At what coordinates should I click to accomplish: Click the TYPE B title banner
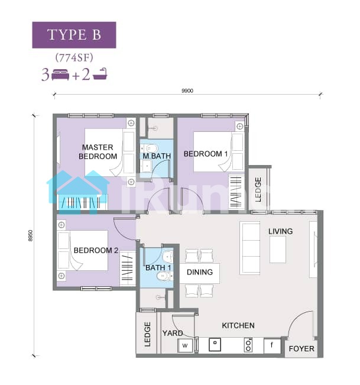point(74,35)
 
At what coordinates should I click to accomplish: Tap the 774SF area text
point(74,58)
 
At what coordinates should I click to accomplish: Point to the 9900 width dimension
point(187,90)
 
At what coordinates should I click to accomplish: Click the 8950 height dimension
point(30,236)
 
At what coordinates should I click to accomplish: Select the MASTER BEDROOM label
point(98,152)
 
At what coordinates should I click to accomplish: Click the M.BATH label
point(157,156)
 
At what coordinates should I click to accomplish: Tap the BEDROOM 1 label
point(206,154)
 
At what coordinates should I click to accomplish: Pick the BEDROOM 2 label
point(96,250)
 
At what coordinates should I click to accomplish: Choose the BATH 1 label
point(158,268)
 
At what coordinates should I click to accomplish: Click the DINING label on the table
point(200,272)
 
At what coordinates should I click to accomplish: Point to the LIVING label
point(280,231)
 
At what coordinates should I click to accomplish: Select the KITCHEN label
point(238,326)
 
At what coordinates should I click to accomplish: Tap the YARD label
point(173,333)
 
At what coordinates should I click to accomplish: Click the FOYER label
point(301,349)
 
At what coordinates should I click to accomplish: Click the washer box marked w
point(185,345)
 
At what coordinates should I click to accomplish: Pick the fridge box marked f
point(272,345)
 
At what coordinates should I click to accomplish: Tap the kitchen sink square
point(215,344)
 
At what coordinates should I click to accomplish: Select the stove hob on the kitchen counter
point(248,345)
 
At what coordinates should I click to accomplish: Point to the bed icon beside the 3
point(60,75)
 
